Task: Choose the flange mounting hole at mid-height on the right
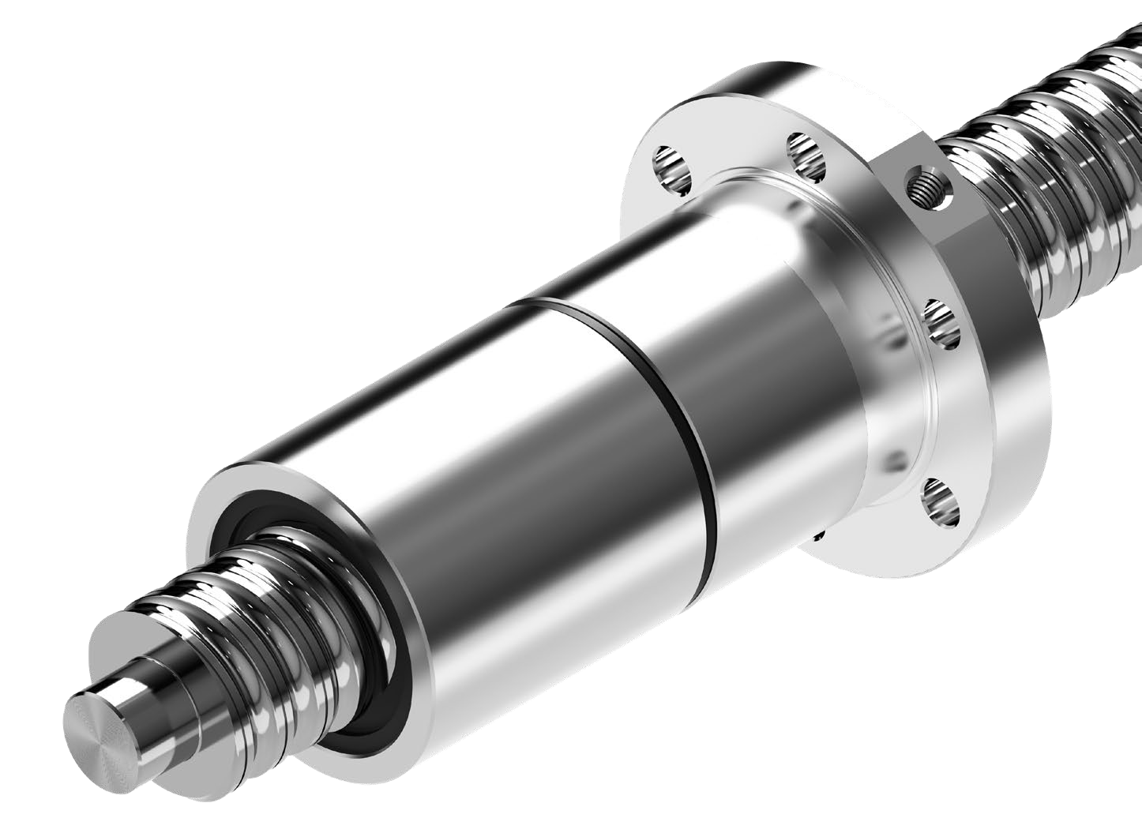coord(941,324)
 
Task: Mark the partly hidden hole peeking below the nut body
coord(819,537)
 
